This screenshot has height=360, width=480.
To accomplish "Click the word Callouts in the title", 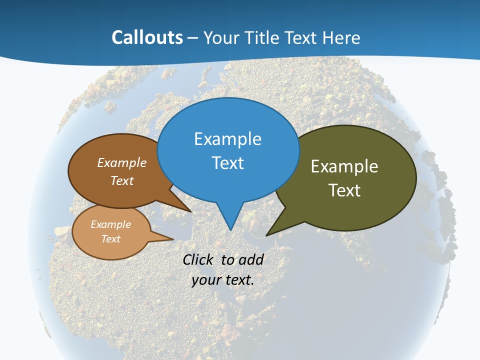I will point(147,37).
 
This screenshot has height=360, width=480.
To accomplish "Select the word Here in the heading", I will point(341,37).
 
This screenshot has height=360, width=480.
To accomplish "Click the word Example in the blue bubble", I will point(227,139).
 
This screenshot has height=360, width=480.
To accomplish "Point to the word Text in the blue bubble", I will point(227,163).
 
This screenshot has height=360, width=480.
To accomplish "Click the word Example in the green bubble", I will point(344,166).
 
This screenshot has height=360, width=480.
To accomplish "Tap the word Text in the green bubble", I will point(344,190).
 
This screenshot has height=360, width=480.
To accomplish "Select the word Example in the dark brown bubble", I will point(122,163).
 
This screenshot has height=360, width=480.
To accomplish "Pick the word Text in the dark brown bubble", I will point(122,181).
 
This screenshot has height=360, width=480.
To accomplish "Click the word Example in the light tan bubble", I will point(110,224).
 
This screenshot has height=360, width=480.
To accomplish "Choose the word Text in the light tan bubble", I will point(110,239).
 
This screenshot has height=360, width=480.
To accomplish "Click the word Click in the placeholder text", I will point(198,260).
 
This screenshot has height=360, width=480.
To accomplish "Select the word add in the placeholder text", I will point(251,260).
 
